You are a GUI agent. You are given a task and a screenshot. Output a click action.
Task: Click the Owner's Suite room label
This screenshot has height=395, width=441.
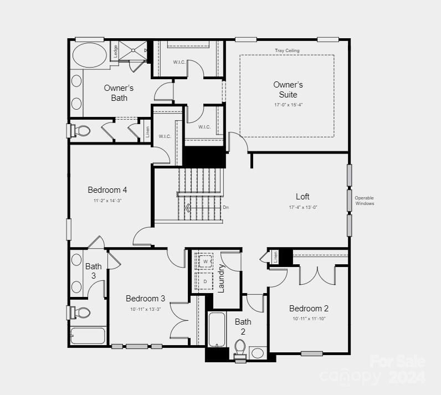click(x=288, y=89)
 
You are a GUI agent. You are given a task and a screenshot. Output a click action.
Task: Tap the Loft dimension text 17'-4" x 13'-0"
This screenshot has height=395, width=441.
click(x=302, y=207)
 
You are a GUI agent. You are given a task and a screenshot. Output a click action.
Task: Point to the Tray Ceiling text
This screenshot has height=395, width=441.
click(x=287, y=50)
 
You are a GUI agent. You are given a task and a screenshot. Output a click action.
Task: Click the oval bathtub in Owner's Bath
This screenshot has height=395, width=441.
click(x=90, y=55)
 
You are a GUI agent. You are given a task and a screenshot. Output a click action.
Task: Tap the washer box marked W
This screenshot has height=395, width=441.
click(x=205, y=261)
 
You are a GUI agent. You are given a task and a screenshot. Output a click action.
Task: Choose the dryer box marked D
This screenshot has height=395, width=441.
click(x=205, y=281)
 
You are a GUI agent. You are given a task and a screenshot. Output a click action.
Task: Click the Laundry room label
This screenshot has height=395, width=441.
click(x=221, y=278)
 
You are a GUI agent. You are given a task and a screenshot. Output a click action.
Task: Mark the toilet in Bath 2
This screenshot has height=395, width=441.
click(x=240, y=348)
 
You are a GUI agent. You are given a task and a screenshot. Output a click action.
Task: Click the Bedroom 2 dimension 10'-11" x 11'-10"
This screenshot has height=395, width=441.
click(x=309, y=319)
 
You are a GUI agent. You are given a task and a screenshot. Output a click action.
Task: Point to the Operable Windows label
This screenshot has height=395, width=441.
click(x=365, y=201)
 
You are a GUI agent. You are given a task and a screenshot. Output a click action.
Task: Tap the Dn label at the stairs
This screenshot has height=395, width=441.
click(x=225, y=208)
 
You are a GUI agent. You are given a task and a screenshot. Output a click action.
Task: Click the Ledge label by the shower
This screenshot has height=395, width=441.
click(x=115, y=51)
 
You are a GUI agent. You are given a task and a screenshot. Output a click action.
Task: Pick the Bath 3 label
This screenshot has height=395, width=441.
click(x=94, y=271)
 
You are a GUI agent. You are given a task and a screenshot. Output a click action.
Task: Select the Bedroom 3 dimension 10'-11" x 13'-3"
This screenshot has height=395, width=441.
click(x=145, y=309)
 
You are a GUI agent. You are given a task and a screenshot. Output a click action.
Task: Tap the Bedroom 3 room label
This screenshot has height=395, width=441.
click(x=145, y=298)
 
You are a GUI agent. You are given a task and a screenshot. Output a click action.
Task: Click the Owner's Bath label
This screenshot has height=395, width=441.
click(x=119, y=93)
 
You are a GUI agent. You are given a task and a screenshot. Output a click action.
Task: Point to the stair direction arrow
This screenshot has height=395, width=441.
click(x=188, y=208)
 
